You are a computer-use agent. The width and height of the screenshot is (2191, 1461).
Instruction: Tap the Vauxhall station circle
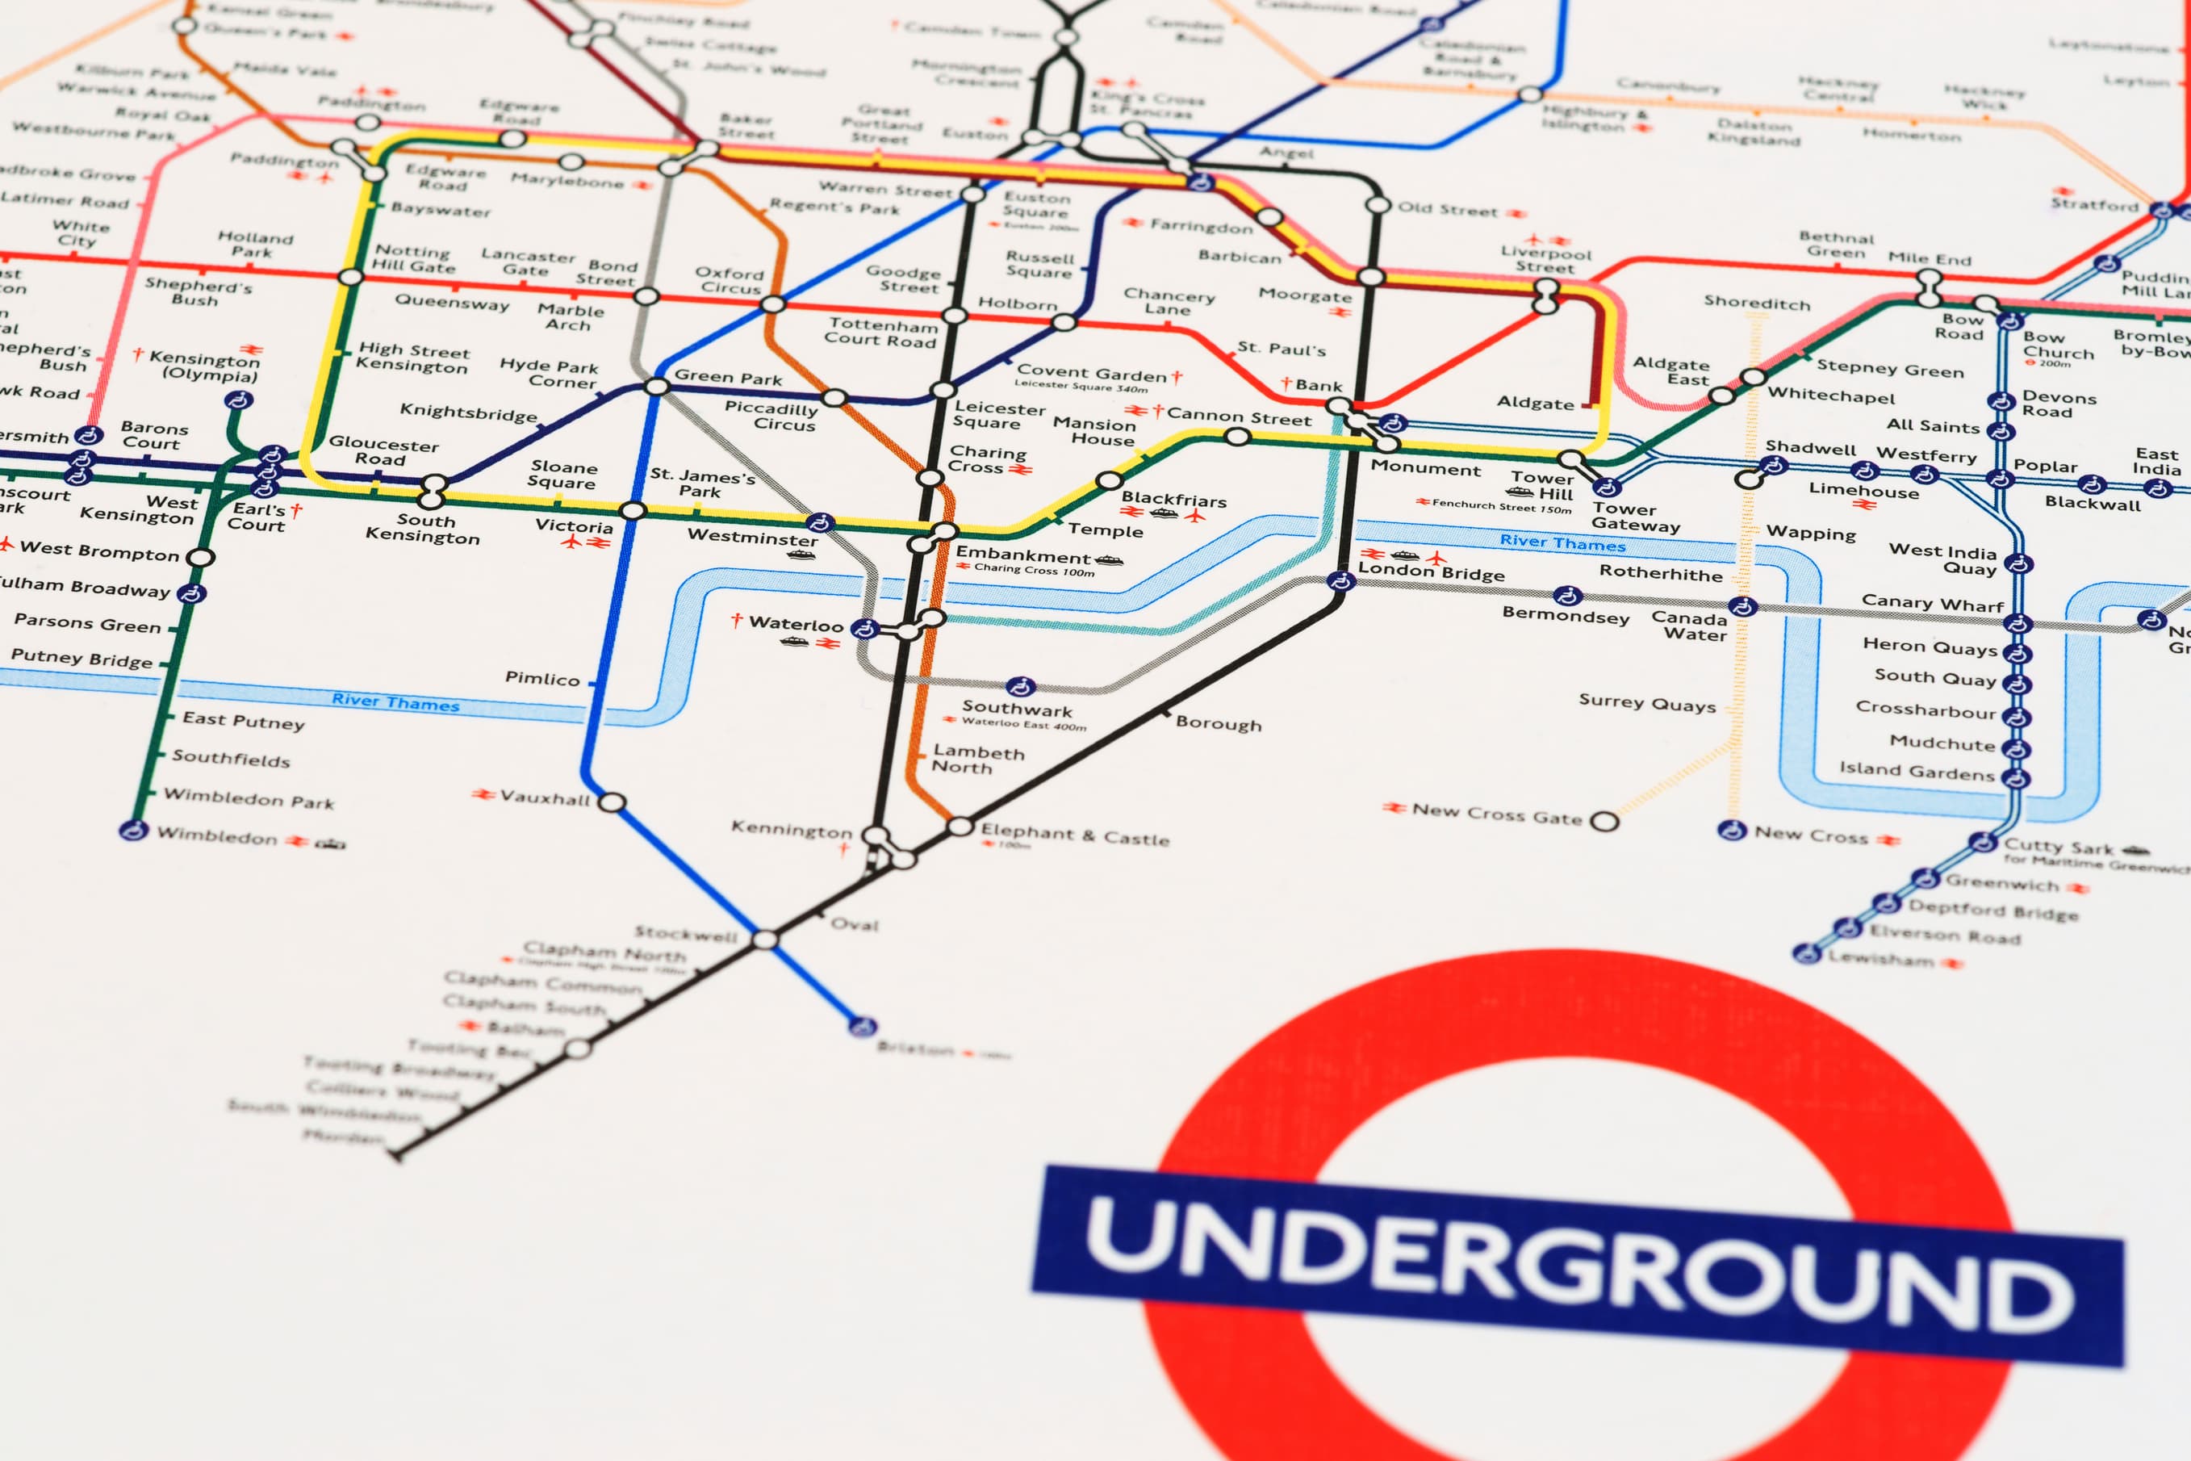(611, 802)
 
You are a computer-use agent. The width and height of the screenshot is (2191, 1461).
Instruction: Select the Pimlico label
(542, 678)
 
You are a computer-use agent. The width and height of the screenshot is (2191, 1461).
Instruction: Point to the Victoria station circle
(633, 511)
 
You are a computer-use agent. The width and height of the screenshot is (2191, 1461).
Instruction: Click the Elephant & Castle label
(1074, 834)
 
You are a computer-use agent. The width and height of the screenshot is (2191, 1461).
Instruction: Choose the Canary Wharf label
(1932, 603)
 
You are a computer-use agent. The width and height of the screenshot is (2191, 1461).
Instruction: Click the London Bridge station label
(1431, 570)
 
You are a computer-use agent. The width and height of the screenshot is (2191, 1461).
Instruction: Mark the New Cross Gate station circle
(1604, 821)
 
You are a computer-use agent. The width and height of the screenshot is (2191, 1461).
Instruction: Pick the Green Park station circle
(657, 386)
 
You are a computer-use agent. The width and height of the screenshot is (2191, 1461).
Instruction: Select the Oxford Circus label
(730, 280)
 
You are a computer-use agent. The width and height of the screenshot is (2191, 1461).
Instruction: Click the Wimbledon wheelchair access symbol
(134, 831)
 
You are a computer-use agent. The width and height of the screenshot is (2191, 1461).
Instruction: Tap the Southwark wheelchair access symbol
(1021, 687)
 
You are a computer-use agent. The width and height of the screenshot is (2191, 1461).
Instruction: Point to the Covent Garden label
(1091, 374)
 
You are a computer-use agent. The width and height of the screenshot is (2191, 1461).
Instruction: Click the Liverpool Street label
(1545, 260)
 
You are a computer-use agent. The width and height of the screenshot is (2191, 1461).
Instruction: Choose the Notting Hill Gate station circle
(350, 277)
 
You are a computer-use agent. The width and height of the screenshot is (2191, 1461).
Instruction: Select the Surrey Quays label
(1646, 704)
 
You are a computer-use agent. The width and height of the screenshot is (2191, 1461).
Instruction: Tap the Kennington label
(791, 828)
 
